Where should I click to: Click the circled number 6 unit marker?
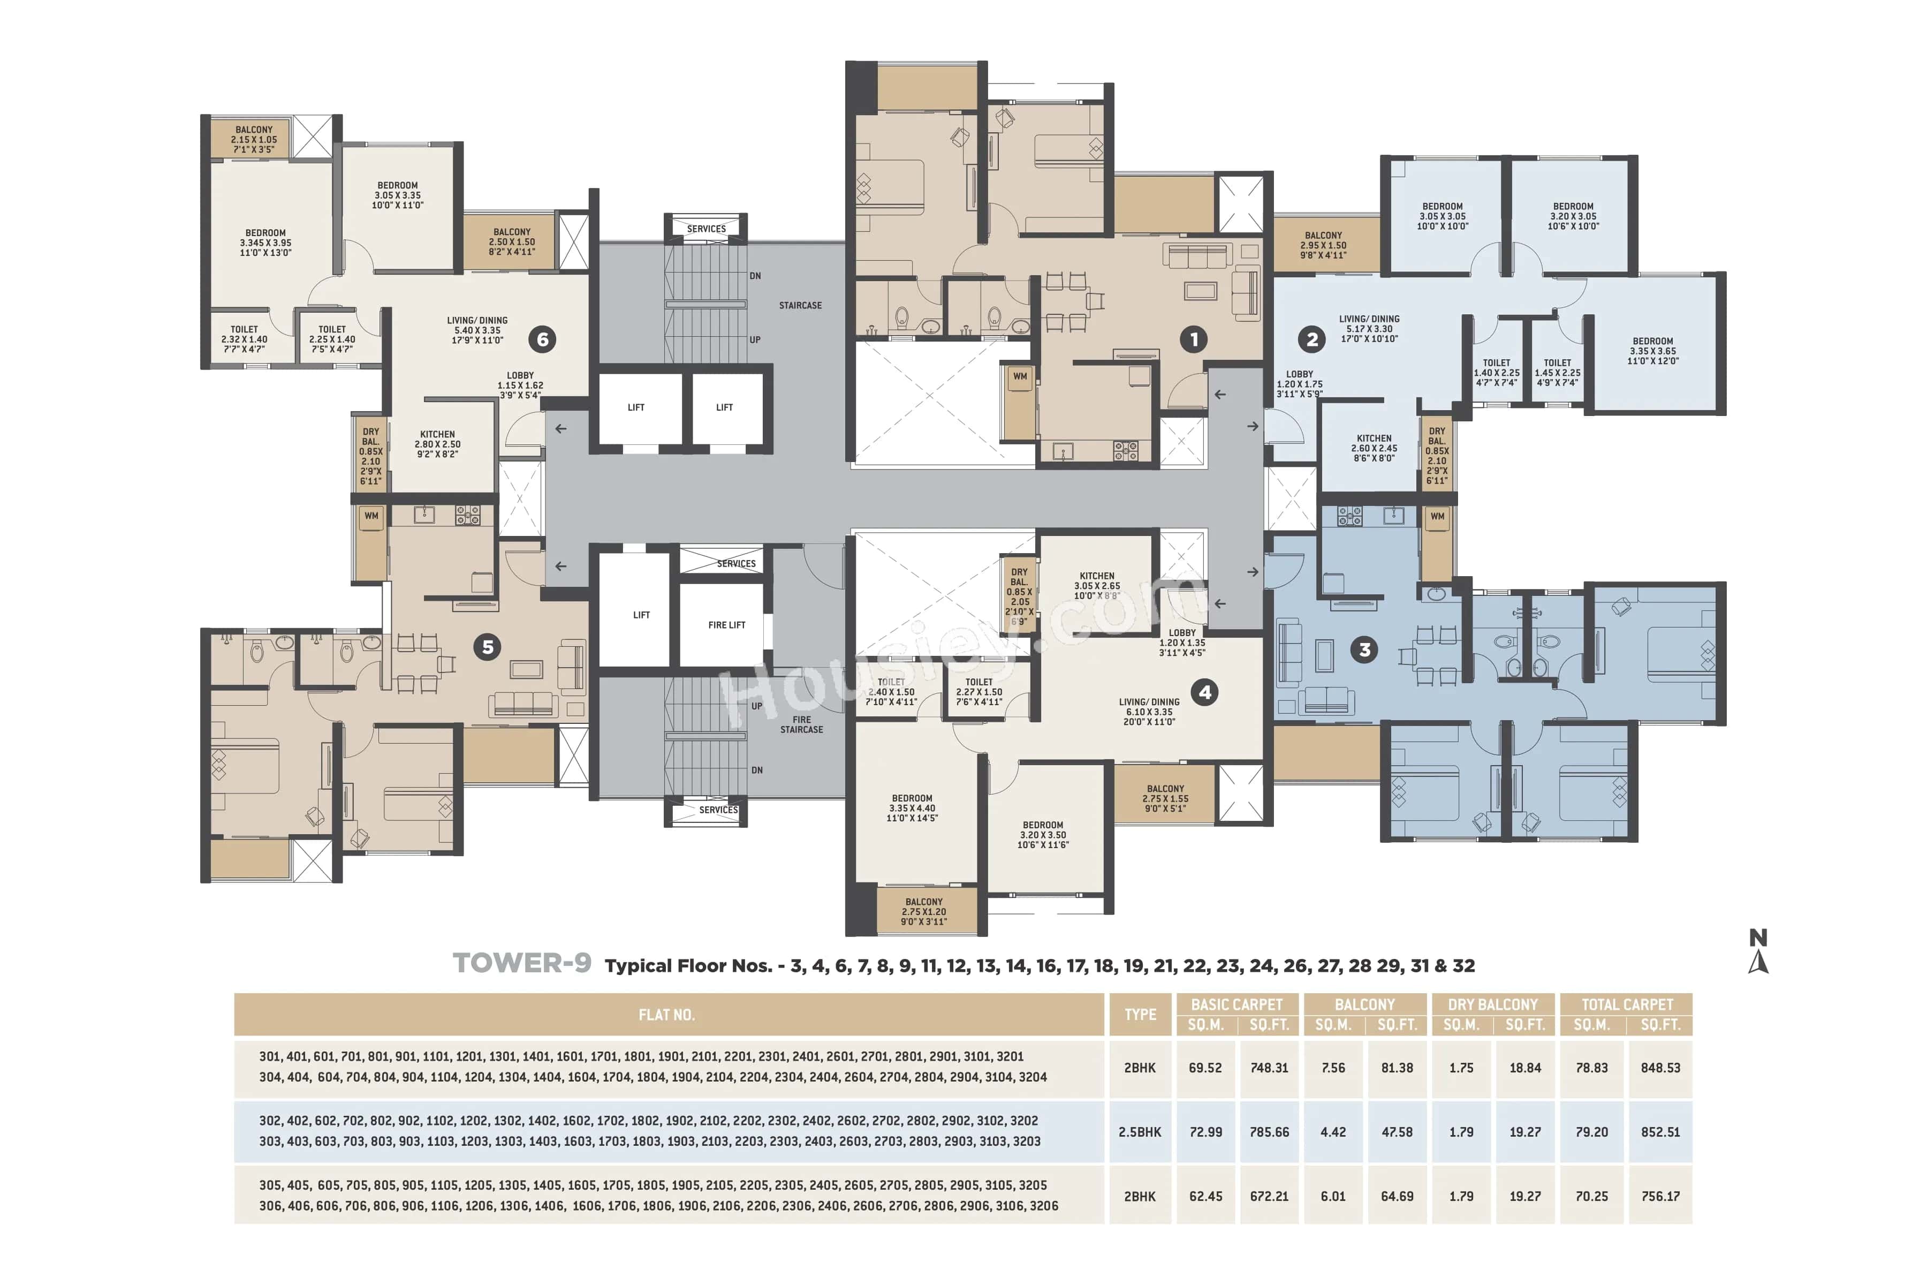(x=542, y=338)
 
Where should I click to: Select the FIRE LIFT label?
(x=727, y=624)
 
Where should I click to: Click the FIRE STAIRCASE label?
(x=801, y=724)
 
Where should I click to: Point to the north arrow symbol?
(x=1758, y=953)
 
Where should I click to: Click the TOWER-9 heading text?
(x=522, y=963)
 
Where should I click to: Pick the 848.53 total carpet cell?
(x=1660, y=1068)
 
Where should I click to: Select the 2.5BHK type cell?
(x=1140, y=1132)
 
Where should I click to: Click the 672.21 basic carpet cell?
(x=1269, y=1197)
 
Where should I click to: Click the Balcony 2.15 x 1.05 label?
(x=254, y=139)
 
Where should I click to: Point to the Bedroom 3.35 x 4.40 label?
(x=912, y=808)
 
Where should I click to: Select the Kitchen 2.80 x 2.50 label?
(x=437, y=444)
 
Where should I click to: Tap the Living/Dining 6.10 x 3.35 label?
(x=1149, y=712)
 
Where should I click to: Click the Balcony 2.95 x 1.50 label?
(x=1323, y=245)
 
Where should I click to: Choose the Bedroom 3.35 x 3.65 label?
(x=1652, y=351)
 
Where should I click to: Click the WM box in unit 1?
(x=1020, y=377)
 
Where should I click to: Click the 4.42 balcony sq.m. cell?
(x=1333, y=1132)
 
